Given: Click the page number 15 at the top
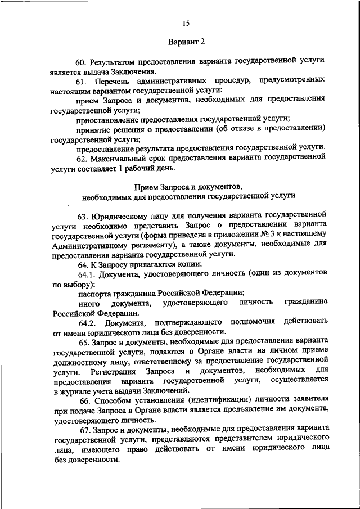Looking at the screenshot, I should [186, 23].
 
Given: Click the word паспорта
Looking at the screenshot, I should [94, 293].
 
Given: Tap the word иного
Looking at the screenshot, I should [90, 303].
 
